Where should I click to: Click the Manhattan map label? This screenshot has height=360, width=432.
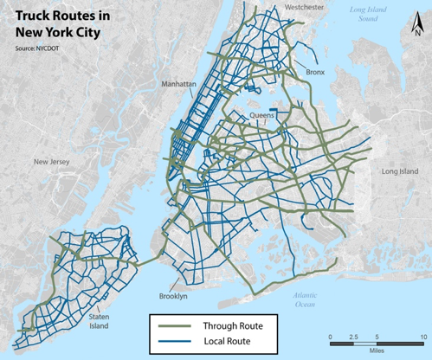coord(177,84)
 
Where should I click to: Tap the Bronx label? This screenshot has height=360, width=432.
coord(314,73)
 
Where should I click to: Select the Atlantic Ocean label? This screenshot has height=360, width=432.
coord(305,299)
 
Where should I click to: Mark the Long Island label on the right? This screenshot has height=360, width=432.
coord(400,171)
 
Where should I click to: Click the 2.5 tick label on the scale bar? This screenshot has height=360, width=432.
coord(355,335)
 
